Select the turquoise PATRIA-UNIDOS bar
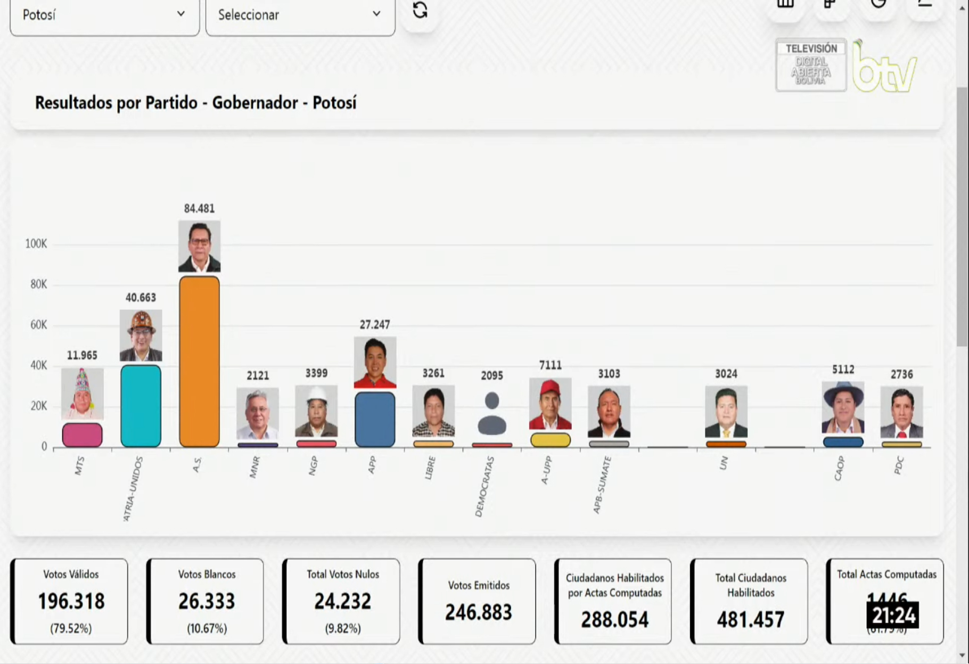click(x=141, y=406)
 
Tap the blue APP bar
click(x=375, y=419)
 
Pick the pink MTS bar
click(x=82, y=435)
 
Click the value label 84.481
click(x=199, y=209)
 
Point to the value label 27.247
click(x=375, y=325)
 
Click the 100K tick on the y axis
click(x=36, y=244)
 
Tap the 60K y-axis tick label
click(x=38, y=325)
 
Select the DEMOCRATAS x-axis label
click(x=484, y=486)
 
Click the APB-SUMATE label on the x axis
click(x=602, y=485)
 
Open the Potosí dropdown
click(x=104, y=15)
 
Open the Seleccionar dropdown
click(x=300, y=15)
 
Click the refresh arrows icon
click(x=420, y=11)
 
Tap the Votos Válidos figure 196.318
click(x=71, y=602)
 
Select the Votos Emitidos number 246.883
click(x=478, y=612)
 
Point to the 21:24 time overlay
click(x=893, y=616)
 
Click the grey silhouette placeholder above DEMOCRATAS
click(x=492, y=413)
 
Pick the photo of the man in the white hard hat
click(x=316, y=411)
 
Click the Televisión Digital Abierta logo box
click(x=811, y=65)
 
